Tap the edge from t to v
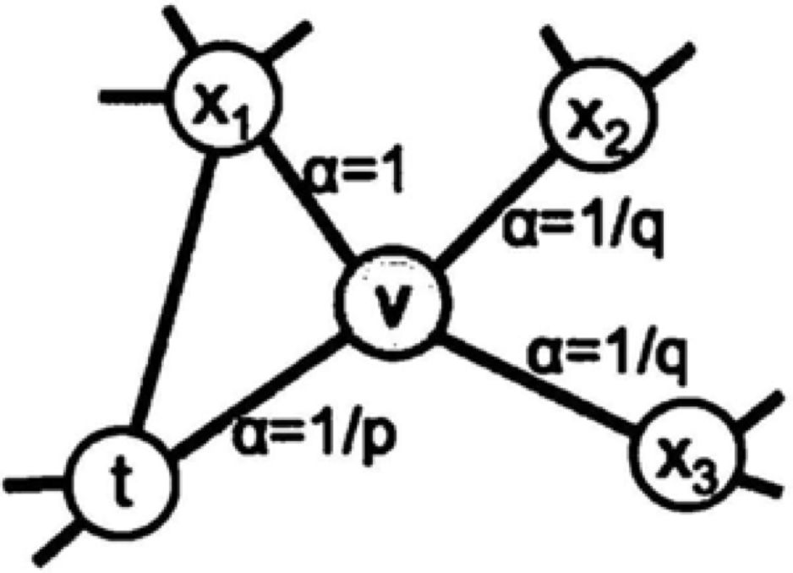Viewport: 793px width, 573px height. coord(254,397)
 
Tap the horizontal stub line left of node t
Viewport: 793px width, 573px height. coord(34,484)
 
